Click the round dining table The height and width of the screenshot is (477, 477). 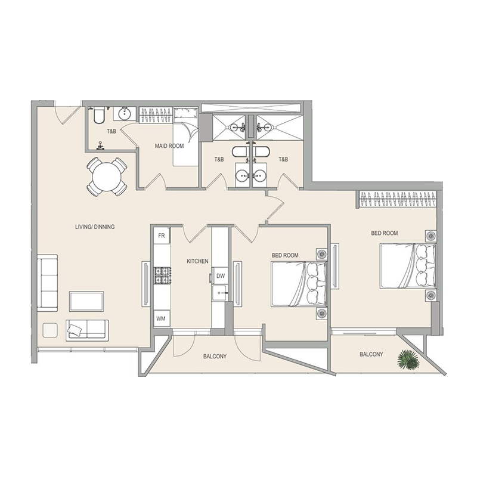point(107,176)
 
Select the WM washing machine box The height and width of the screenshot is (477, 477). point(161,319)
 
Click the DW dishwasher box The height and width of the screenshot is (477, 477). point(220,276)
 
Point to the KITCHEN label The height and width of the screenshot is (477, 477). point(197,262)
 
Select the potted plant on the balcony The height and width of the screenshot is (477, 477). point(408,360)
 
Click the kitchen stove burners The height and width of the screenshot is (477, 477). point(162,275)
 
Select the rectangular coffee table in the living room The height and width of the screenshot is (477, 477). point(86,301)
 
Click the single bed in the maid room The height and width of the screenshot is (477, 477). point(185,140)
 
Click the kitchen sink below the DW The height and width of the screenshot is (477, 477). point(220,292)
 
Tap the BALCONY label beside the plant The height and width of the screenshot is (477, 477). point(371,354)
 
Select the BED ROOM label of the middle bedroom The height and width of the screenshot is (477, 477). point(285,255)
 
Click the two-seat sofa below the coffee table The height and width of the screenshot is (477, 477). point(86,329)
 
